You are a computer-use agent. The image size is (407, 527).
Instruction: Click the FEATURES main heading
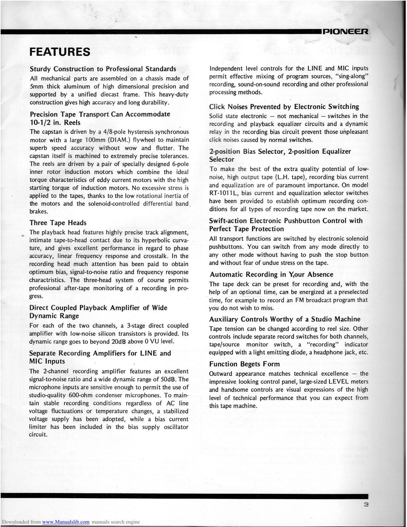pyautogui.click(x=60, y=51)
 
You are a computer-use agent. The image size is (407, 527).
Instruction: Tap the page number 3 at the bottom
pyautogui.click(x=366, y=505)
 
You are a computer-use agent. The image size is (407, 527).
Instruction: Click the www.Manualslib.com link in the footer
pyautogui.click(x=65, y=522)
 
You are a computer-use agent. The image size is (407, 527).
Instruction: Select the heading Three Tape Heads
pyautogui.click(x=58, y=223)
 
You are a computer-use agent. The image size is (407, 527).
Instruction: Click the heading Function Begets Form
pyautogui.click(x=244, y=364)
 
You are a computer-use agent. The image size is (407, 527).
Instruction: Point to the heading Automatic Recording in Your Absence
pyautogui.click(x=271, y=275)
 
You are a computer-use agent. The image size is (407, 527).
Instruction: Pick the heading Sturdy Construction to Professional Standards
pyautogui.click(x=103, y=69)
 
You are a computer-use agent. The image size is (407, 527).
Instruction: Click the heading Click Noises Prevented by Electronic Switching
pyautogui.click(x=284, y=107)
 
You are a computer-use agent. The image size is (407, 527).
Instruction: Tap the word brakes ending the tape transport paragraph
pyautogui.click(x=39, y=212)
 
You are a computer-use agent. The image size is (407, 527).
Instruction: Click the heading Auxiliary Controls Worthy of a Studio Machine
pyautogui.click(x=284, y=319)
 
